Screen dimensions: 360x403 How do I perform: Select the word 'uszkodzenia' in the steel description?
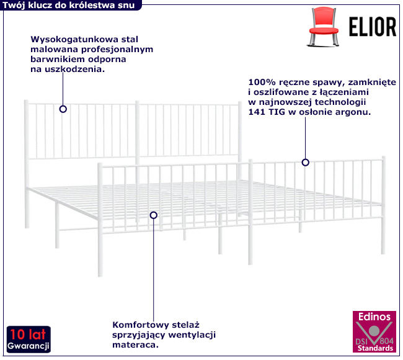77,70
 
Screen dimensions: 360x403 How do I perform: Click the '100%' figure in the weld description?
260,82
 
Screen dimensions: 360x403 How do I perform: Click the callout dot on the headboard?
63,109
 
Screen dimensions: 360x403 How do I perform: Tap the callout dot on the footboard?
305,163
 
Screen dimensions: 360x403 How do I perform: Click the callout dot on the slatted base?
154,215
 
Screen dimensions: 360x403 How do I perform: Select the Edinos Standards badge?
375,334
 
